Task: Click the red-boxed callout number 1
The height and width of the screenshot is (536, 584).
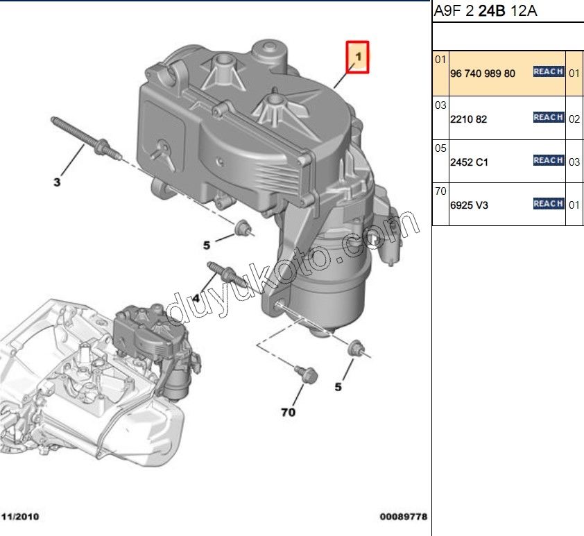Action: [x=358, y=57]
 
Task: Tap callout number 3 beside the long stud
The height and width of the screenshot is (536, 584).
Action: [x=57, y=182]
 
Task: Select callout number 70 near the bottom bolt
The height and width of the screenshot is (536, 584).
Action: [x=289, y=412]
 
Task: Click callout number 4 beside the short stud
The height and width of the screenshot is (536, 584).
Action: [x=196, y=298]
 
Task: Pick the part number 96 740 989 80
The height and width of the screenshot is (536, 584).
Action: [x=483, y=74]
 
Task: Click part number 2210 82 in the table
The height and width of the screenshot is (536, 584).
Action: [x=469, y=119]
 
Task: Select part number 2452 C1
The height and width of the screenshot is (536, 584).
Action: [x=469, y=162]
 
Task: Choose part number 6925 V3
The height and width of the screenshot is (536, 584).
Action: [x=469, y=205]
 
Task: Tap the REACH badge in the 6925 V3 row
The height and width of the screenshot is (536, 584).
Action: [x=548, y=204]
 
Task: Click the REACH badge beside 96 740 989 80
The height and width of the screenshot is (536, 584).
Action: [x=548, y=71]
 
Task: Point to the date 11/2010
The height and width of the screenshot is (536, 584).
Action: [x=20, y=517]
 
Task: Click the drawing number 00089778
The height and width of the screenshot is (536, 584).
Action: [x=404, y=517]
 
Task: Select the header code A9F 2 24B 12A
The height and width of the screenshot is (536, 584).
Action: [x=486, y=11]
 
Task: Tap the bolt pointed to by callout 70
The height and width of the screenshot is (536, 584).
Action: [x=306, y=374]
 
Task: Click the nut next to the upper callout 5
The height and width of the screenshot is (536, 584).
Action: [x=244, y=228]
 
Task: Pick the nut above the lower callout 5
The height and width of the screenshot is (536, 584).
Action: [x=357, y=347]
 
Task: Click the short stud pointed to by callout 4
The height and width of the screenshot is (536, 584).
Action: [x=226, y=275]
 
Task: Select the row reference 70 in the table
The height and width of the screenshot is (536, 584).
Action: [x=440, y=191]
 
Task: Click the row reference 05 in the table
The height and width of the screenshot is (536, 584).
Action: [x=440, y=148]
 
